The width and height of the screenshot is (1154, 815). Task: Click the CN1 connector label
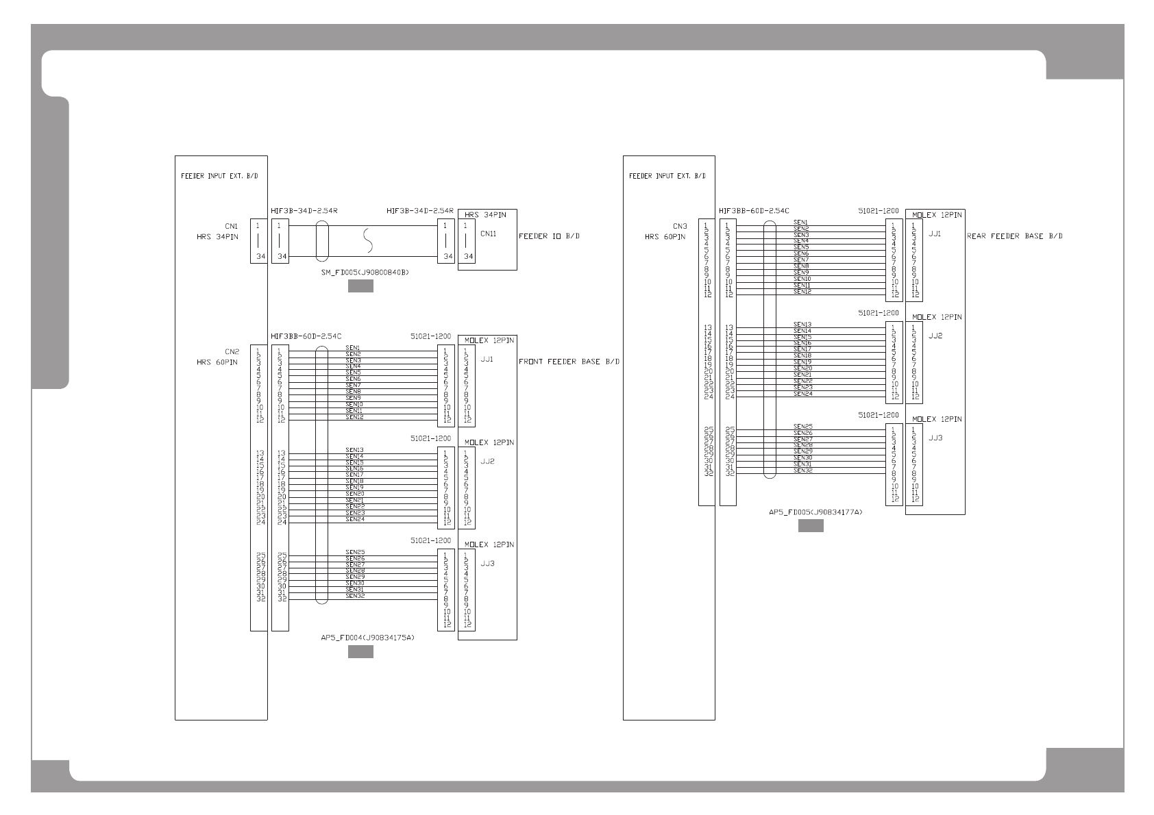(x=231, y=226)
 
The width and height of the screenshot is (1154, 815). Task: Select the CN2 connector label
(x=232, y=351)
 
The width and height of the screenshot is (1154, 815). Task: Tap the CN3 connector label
(x=679, y=226)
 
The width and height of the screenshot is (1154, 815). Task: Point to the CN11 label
(x=488, y=234)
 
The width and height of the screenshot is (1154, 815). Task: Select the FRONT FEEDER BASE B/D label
(x=569, y=362)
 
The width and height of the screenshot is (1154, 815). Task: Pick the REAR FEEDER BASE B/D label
(x=1015, y=236)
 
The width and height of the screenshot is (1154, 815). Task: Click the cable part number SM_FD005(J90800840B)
(x=365, y=273)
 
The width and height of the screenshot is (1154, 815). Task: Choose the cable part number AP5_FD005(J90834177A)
(x=815, y=512)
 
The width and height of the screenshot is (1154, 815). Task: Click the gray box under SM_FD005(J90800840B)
(x=360, y=286)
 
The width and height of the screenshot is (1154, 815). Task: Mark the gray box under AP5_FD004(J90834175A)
(x=360, y=652)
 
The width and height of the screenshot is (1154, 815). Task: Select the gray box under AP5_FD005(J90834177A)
(x=811, y=526)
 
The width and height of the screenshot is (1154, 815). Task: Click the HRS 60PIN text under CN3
(x=665, y=237)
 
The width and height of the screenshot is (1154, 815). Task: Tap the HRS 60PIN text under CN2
(x=217, y=362)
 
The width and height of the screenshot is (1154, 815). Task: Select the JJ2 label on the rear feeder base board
(x=935, y=336)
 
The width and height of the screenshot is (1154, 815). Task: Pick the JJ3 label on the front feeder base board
(x=487, y=564)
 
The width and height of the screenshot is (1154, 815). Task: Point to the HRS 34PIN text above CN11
(x=485, y=215)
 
